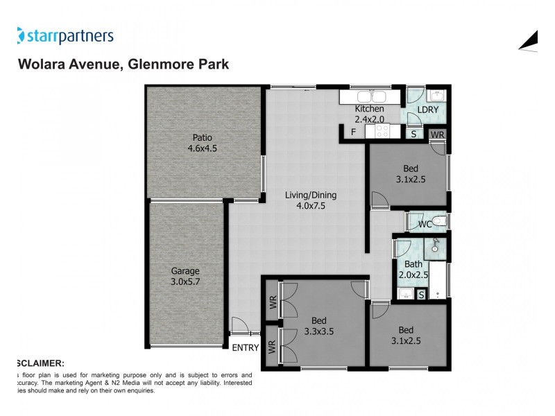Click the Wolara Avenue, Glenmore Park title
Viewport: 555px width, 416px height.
[122, 64]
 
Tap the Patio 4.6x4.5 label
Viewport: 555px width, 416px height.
[203, 142]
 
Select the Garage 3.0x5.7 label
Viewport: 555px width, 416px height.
[187, 276]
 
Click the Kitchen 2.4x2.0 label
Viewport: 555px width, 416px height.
[369, 114]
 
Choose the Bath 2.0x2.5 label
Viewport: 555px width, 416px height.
[413, 269]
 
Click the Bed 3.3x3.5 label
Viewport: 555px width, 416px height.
[318, 326]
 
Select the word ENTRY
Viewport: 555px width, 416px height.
[245, 347]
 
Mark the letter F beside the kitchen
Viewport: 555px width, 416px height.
[353, 132]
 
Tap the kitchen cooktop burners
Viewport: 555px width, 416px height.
[383, 130]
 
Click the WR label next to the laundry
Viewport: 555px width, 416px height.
[437, 135]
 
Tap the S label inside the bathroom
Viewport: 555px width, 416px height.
[421, 295]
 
